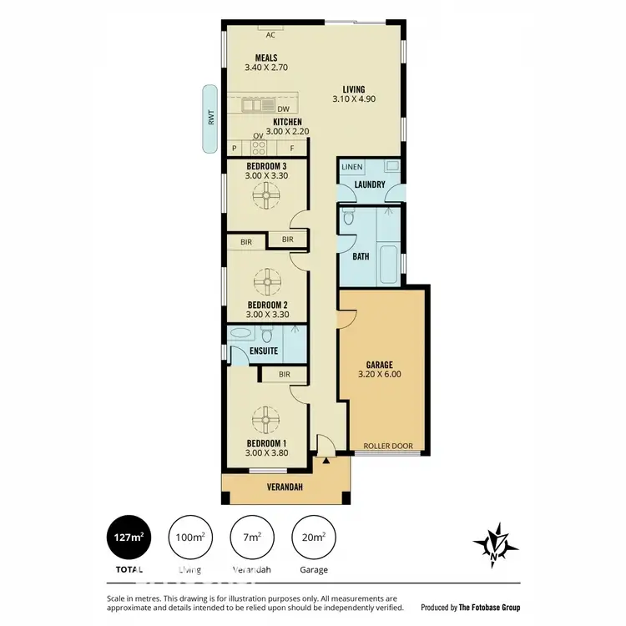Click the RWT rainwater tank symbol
point(210,119)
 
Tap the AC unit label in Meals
point(270,35)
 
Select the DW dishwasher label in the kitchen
point(284,109)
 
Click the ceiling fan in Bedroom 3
point(269,198)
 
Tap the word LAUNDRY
point(368,184)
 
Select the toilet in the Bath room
point(349,221)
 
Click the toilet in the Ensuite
point(267,336)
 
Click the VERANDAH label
point(285,487)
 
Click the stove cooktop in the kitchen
point(259,149)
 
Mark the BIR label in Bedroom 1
point(285,375)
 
